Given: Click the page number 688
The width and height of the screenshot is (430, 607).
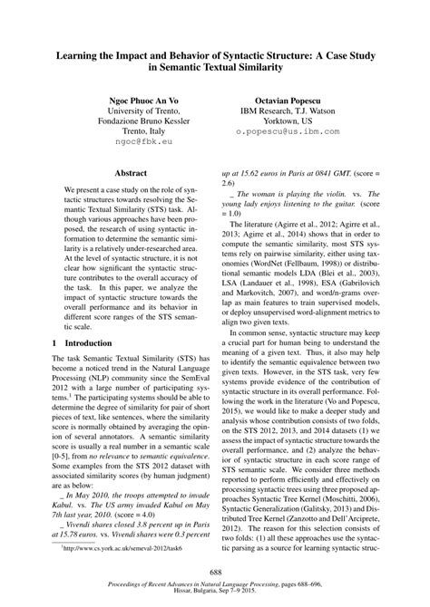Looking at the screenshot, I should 214,573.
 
